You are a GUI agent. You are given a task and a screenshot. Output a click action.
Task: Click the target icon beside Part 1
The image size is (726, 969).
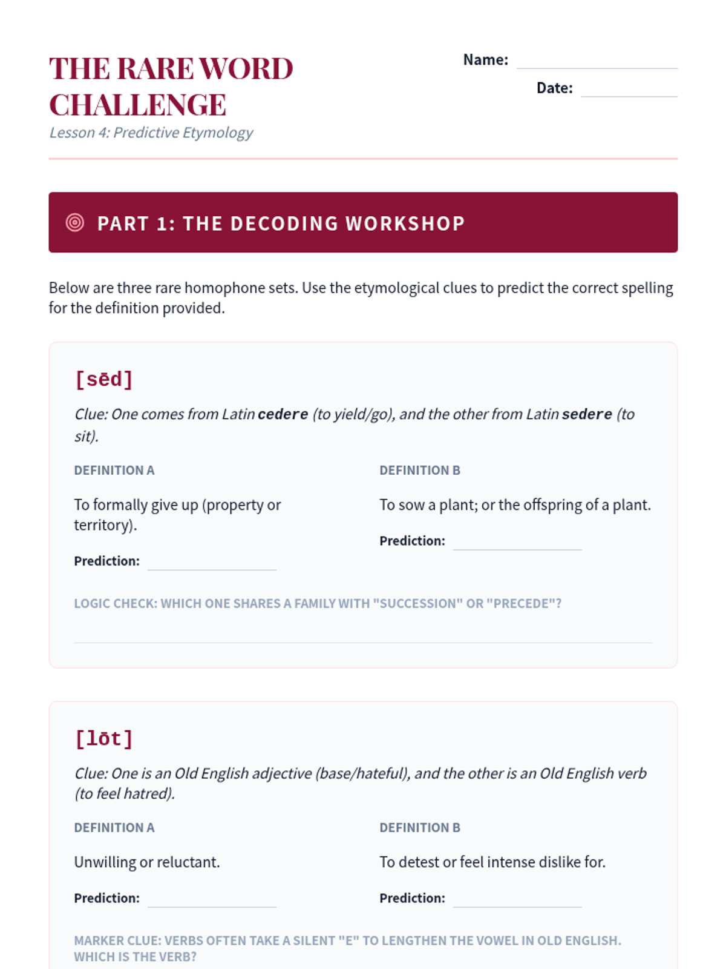pos(75,222)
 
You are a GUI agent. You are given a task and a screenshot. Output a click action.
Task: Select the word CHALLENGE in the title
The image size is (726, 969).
pos(138,105)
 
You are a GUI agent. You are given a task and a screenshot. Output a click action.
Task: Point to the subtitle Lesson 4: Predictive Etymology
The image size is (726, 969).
pos(151,133)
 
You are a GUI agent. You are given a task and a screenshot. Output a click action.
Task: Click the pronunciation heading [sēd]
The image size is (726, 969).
pos(103,380)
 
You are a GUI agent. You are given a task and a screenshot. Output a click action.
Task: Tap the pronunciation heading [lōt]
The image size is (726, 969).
pos(103,739)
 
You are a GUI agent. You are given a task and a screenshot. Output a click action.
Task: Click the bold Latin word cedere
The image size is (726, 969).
pos(283,415)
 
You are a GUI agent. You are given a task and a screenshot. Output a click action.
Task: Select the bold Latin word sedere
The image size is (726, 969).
pos(587,415)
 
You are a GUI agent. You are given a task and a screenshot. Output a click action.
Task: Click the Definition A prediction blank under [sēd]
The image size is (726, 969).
pos(212,563)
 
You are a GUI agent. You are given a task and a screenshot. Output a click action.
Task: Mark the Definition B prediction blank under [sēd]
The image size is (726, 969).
pos(517,543)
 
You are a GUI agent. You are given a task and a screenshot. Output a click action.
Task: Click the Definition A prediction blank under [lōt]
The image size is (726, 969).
pos(212,901)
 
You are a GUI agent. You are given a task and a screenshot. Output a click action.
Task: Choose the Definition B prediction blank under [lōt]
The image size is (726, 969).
pos(517,901)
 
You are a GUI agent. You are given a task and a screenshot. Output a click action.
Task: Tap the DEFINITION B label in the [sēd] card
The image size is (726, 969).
pos(420,471)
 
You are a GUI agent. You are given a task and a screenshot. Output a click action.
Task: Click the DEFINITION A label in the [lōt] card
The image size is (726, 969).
pos(114,828)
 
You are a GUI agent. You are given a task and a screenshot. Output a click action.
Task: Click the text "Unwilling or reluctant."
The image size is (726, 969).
pos(147,862)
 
